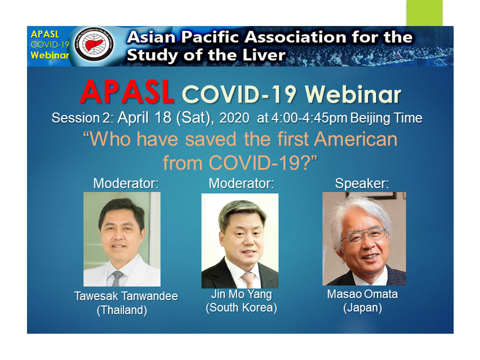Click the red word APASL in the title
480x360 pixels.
(x=127, y=92)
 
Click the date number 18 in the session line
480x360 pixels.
(x=163, y=117)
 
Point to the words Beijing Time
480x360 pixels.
(x=386, y=118)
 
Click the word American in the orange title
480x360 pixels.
(x=355, y=139)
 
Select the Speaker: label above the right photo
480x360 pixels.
(x=362, y=183)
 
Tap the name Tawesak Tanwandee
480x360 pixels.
(x=126, y=296)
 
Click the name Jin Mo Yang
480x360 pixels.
(x=241, y=294)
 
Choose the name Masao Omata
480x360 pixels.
(x=362, y=294)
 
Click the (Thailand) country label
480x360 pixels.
(x=122, y=310)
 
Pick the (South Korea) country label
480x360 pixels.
(x=241, y=307)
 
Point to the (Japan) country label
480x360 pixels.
(x=362, y=307)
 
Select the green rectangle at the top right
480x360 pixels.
(x=424, y=13)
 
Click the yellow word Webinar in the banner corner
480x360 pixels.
(x=50, y=55)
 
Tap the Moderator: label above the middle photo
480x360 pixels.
(x=241, y=183)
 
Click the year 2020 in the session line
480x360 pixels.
(x=234, y=118)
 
